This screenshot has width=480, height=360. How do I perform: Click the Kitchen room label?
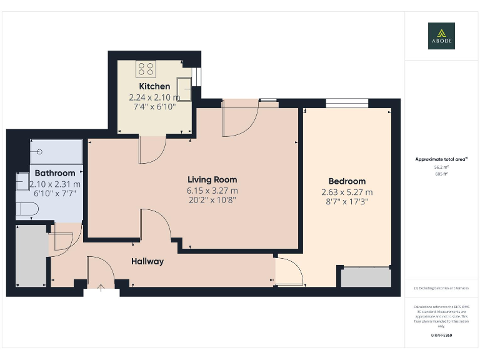[x=154, y=86]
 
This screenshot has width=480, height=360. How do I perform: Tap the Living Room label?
[x=212, y=179]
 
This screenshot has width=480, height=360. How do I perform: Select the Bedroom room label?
[x=346, y=181]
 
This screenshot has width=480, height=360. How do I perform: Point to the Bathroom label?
[x=55, y=173]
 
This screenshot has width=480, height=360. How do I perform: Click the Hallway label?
[x=147, y=261]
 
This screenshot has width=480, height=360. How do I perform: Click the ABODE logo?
[x=441, y=36]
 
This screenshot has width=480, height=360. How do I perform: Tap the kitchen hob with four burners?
[x=146, y=67]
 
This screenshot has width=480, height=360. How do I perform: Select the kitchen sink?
[x=184, y=86]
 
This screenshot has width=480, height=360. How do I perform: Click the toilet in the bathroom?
[x=25, y=209]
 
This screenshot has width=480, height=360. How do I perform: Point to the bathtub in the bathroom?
[x=56, y=152]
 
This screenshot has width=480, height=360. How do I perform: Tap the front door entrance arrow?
[x=102, y=288]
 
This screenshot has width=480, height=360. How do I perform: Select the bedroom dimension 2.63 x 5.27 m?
[x=346, y=192]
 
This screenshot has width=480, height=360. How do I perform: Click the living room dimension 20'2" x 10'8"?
[x=212, y=200]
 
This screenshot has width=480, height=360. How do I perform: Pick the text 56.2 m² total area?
[x=441, y=167]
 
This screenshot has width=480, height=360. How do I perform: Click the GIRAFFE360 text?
[x=441, y=336]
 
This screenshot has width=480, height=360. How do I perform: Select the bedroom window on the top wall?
[x=347, y=102]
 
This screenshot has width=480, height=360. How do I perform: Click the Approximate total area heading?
[x=441, y=159]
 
